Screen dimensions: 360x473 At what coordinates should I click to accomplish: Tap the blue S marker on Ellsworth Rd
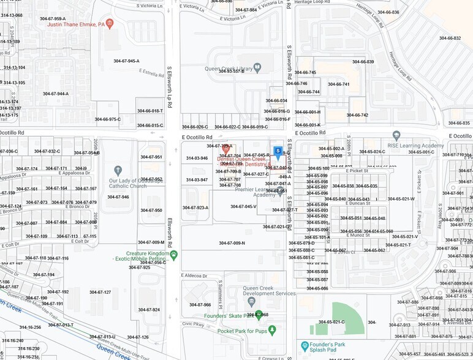click(278, 150)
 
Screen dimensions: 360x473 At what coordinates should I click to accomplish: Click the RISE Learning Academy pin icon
click(396, 135)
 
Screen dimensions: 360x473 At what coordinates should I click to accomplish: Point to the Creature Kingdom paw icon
click(174, 253)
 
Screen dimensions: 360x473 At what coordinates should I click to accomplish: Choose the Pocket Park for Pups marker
click(271, 329)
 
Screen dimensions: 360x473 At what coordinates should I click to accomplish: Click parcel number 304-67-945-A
click(126, 61)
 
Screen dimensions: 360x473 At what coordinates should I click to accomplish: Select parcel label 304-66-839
click(363, 61)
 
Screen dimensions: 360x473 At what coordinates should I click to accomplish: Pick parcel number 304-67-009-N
click(232, 243)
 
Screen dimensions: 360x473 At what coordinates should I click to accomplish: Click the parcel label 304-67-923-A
click(195, 208)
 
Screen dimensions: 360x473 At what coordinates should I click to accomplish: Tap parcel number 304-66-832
click(450, 38)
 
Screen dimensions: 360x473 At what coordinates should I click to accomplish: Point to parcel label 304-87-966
click(200, 304)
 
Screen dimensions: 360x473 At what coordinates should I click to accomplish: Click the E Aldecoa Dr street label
click(194, 276)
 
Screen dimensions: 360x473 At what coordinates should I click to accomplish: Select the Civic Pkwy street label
click(192, 323)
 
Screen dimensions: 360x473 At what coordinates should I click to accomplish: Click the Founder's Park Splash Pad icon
click(305, 346)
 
